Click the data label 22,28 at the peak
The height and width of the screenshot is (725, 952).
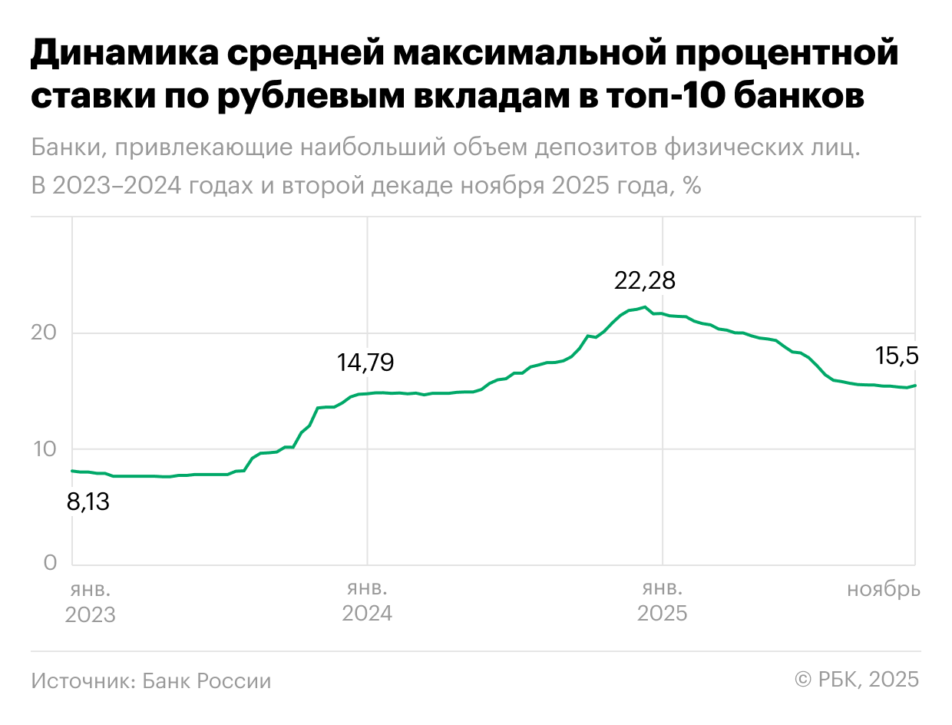pyautogui.click(x=645, y=281)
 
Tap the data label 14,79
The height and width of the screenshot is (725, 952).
pyautogui.click(x=365, y=362)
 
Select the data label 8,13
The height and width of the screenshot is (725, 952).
pyautogui.click(x=88, y=503)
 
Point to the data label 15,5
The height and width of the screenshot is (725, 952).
pyautogui.click(x=897, y=356)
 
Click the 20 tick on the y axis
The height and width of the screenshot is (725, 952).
pyautogui.click(x=45, y=333)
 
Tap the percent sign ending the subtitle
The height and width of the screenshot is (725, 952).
pyautogui.click(x=692, y=187)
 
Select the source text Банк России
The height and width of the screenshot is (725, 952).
pyautogui.click(x=207, y=680)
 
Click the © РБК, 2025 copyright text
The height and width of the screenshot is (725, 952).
pyautogui.click(x=857, y=680)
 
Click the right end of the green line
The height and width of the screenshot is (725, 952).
pyautogui.click(x=915, y=386)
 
